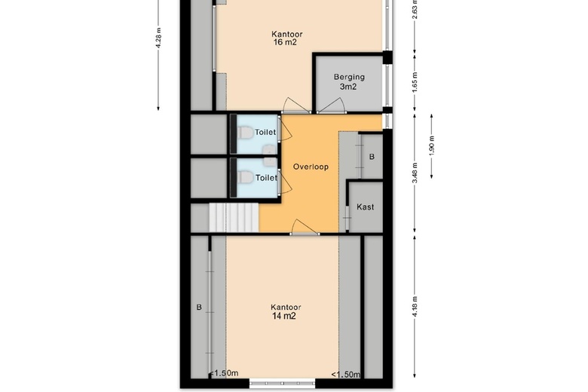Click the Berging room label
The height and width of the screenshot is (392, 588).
pyautogui.click(x=349, y=77)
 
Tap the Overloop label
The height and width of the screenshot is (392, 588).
pyautogui.click(x=311, y=167)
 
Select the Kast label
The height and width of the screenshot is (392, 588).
pyautogui.click(x=366, y=207)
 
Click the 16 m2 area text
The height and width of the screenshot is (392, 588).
pyautogui.click(x=286, y=42)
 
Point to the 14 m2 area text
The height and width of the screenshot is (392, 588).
pyautogui.click(x=284, y=316)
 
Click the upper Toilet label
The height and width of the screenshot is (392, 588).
pyautogui.click(x=265, y=132)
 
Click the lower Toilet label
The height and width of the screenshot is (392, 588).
pyautogui.click(x=266, y=177)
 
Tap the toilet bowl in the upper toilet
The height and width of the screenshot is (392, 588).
pyautogui.click(x=244, y=133)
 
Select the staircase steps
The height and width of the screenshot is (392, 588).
pyautogui.click(x=234, y=218)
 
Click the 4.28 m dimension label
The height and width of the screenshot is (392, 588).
pyautogui.click(x=158, y=38)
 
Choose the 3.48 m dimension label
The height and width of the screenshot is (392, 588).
pyautogui.click(x=415, y=173)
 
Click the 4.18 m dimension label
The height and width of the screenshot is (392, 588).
pyautogui.click(x=415, y=307)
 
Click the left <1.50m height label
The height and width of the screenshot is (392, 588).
pyautogui.click(x=223, y=373)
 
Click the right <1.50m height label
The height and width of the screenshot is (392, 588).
pyautogui.click(x=345, y=375)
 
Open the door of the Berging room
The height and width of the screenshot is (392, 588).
pyautogui.click(x=331, y=106)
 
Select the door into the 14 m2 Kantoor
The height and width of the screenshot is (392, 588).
pyautogui.click(x=305, y=228)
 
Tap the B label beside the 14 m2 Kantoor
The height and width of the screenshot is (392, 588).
pyautogui.click(x=199, y=308)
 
